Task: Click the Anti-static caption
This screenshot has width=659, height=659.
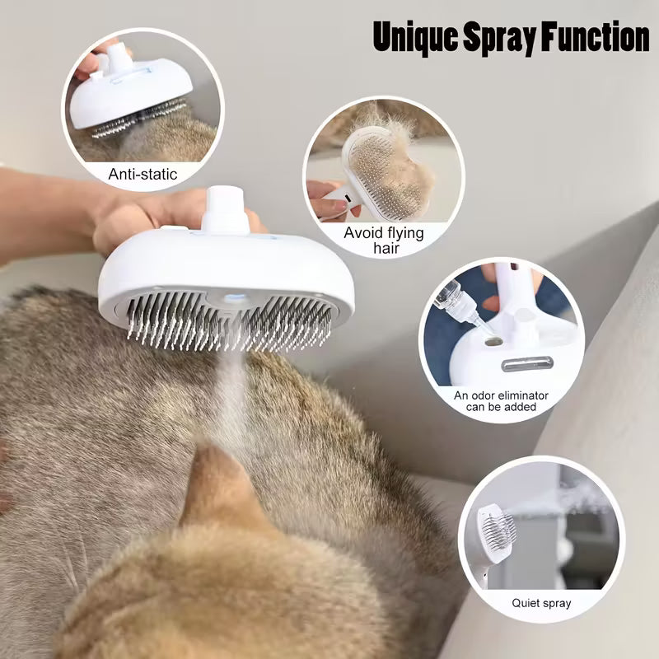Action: click(x=143, y=175)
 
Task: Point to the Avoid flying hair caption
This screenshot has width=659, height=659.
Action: click(x=384, y=240)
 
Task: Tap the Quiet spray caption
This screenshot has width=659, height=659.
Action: click(x=541, y=603)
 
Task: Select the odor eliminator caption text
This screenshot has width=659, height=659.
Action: click(x=501, y=401)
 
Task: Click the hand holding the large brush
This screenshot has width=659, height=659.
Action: click(x=140, y=218)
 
